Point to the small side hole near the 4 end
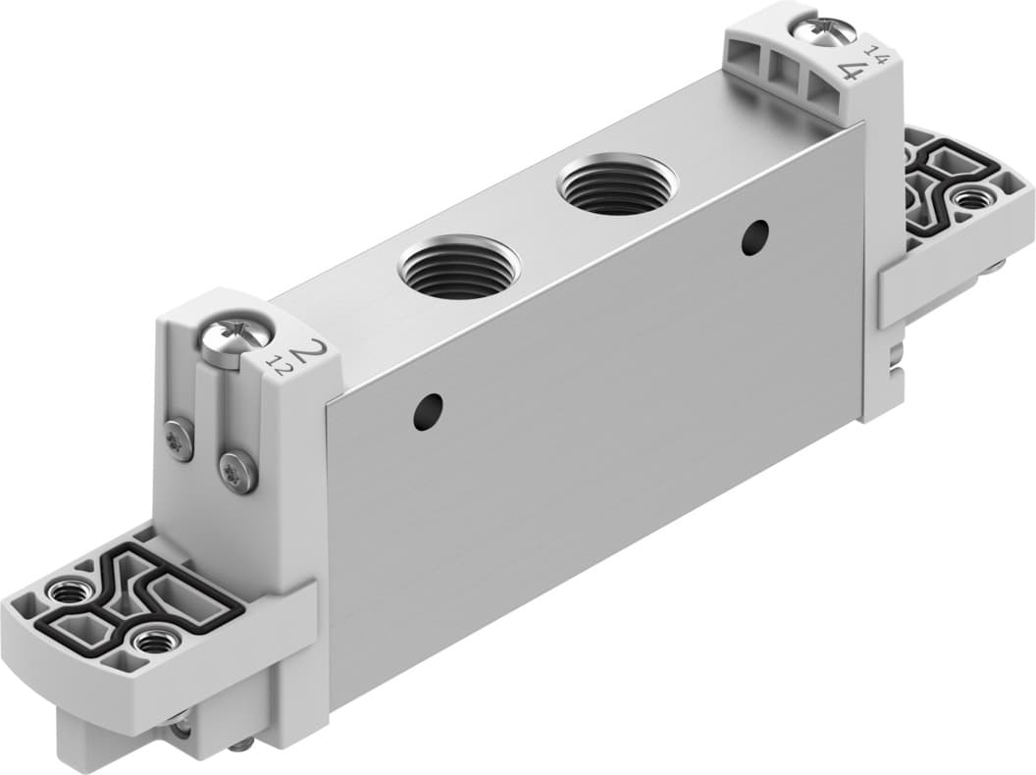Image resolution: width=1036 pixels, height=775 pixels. click(x=754, y=236)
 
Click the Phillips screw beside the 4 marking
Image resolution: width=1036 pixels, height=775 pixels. click(x=824, y=30)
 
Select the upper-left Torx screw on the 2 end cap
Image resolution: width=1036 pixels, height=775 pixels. click(x=180, y=434)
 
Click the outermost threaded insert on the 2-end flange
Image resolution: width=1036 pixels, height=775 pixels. click(x=68, y=593)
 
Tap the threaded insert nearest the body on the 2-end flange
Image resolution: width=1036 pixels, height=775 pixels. click(x=152, y=643)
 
